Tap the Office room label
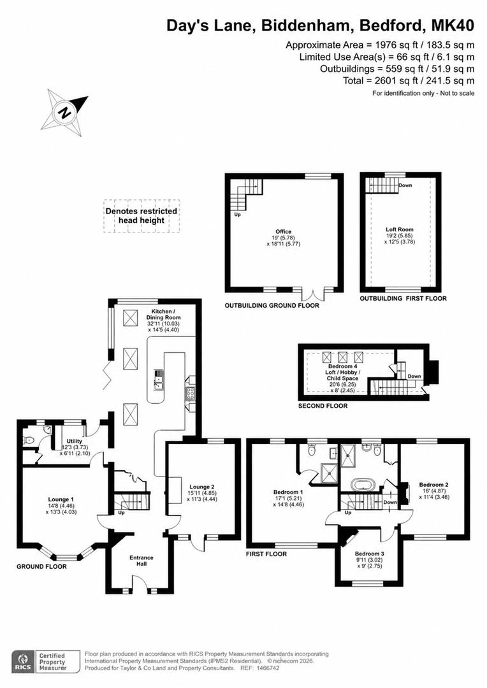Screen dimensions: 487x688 (x=283, y=231)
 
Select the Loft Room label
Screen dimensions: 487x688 (x=399, y=229)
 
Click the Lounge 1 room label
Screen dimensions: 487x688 (x=61, y=499)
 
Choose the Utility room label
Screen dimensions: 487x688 (x=74, y=441)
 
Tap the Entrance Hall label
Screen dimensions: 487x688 (x=142, y=561)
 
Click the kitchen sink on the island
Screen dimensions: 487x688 (x=158, y=380)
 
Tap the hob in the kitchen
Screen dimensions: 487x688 (x=190, y=394)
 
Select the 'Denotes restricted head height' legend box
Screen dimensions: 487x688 (x=142, y=216)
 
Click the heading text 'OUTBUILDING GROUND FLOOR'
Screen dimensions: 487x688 (x=272, y=305)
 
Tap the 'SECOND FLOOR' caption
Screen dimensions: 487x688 (x=323, y=406)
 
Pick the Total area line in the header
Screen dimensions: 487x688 (x=409, y=81)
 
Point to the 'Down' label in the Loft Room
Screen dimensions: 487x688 (x=405, y=185)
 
